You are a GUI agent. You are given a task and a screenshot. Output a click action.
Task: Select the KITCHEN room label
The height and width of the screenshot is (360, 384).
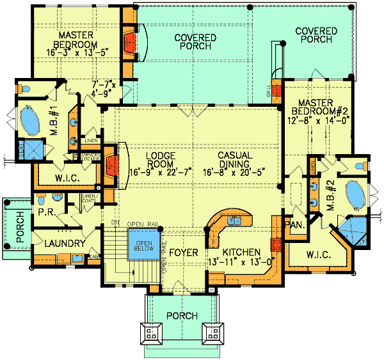[x=241, y=251]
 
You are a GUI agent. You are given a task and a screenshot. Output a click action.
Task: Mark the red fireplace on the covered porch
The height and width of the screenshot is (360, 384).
[x=130, y=42]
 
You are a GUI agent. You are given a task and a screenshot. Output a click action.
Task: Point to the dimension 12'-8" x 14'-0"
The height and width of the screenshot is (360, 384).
[x=320, y=119]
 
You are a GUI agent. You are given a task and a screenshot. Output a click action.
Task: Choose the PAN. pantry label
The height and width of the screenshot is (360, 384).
[x=295, y=224]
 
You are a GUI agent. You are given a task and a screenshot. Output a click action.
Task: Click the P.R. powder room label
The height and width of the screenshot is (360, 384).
[x=45, y=212]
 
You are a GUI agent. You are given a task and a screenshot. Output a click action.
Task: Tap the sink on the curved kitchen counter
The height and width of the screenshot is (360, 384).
[x=234, y=221]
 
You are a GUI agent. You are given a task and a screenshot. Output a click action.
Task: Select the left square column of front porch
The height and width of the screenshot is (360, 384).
[x=152, y=333]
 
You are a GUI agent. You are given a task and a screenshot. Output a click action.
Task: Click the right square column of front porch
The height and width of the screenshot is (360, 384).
[x=212, y=333]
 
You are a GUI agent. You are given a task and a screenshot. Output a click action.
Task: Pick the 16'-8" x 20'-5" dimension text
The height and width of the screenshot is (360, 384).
[x=234, y=169]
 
